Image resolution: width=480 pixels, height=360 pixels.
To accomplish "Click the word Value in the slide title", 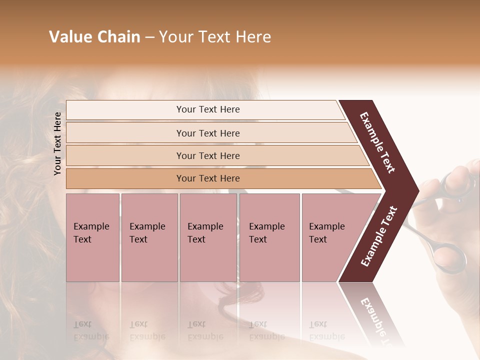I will coord(69,37).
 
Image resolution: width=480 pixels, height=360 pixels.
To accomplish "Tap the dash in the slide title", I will coord(149,37).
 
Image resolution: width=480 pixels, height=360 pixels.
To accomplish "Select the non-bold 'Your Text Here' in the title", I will coord(215,37).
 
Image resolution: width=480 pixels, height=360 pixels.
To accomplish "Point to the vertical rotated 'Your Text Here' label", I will coord(57,143).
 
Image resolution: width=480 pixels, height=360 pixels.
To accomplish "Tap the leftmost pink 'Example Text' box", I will coord(92,237).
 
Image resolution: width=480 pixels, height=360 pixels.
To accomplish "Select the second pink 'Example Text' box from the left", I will coord(149,237).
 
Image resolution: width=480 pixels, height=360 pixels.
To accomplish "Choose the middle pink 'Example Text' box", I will coord(208,237).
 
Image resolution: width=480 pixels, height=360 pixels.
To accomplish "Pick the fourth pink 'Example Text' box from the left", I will coord(269,237).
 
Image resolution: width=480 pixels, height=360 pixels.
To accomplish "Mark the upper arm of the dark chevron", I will coord(377,142).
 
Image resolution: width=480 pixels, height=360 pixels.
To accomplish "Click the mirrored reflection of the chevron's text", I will coord(376,320).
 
